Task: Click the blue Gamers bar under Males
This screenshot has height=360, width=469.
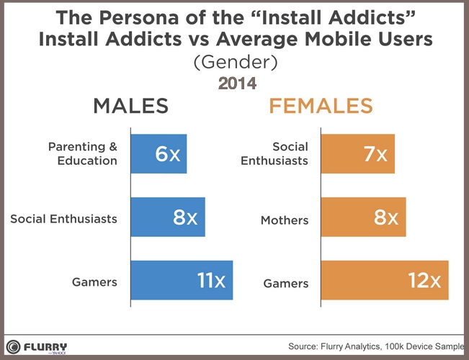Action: point(182,280)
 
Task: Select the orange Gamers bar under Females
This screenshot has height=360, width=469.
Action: point(385,280)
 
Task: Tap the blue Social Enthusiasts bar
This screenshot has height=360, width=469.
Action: point(168,217)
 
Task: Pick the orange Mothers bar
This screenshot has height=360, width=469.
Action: point(363,217)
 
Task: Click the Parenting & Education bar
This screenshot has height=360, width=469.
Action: point(158,153)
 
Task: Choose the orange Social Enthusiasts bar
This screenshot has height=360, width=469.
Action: point(358,153)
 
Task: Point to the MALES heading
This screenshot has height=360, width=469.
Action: point(130,107)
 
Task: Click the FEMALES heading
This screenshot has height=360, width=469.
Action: point(321,107)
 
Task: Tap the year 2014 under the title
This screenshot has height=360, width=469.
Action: point(237,84)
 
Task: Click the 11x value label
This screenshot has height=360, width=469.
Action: point(211,280)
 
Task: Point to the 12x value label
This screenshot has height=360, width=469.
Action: point(426,280)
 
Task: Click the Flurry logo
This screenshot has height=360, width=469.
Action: point(36,346)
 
